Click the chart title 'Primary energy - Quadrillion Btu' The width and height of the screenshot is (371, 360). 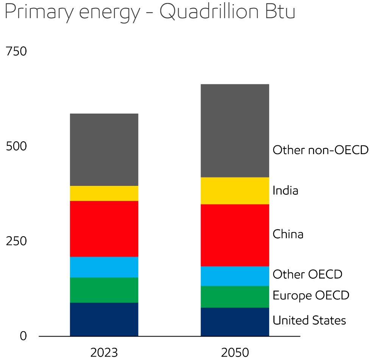[150, 12]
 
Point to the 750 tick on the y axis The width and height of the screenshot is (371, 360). [16, 51]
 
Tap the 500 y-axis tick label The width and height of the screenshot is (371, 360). [16, 146]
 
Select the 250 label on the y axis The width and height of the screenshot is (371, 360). [16, 241]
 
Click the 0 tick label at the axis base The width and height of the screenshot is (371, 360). [23, 336]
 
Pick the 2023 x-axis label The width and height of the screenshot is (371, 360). [104, 353]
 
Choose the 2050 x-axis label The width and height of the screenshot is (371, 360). [235, 353]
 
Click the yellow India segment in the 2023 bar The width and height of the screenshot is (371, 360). [104, 193]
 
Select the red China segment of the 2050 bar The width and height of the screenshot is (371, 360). [235, 235]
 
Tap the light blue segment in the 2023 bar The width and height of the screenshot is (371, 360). [104, 267]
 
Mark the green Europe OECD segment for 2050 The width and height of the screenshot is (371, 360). [235, 297]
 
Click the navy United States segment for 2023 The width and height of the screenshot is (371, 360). [104, 319]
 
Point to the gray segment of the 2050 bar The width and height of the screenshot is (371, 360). [235, 131]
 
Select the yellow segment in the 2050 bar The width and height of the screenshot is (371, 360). [235, 191]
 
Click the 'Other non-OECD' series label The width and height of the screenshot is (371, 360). [321, 150]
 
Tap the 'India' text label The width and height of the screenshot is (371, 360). [285, 190]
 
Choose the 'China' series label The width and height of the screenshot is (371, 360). [288, 234]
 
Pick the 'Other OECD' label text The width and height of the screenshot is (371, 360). [307, 274]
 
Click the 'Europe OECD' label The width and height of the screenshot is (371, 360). [311, 296]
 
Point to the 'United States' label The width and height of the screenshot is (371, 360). [309, 320]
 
